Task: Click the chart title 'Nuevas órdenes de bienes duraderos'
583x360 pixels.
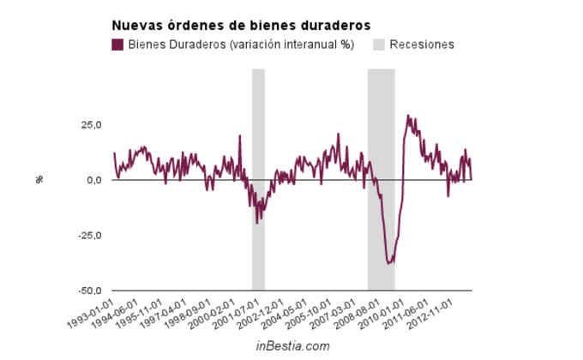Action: [x=229, y=26]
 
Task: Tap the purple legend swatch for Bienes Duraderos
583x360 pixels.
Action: [x=117, y=45]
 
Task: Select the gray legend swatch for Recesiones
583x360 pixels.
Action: [x=379, y=45]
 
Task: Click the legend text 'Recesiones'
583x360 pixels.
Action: [x=421, y=45]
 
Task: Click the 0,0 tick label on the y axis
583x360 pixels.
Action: [x=93, y=180]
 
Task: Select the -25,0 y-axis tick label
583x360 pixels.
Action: [x=89, y=236]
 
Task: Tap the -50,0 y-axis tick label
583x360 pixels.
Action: [x=89, y=291]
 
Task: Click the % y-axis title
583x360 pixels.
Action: [x=39, y=179]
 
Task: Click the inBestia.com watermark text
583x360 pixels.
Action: [x=292, y=345]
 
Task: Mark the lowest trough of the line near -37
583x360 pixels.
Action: [x=388, y=262]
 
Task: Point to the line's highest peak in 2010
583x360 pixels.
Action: [x=408, y=116]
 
